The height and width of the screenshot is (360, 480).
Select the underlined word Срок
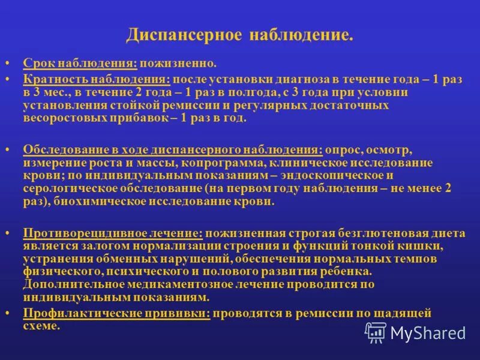pyautogui.click(x=37, y=63)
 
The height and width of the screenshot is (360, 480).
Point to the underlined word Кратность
pyautogui.click(x=54, y=79)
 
